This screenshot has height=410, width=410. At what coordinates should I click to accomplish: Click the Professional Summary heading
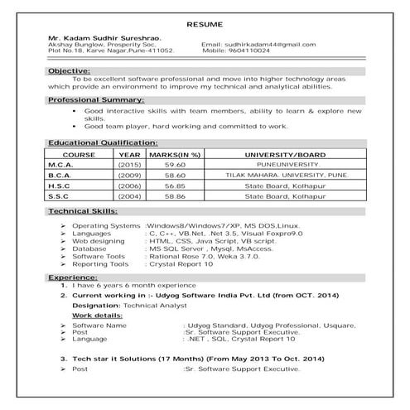click(95, 99)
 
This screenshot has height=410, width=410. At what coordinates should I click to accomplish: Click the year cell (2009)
click(129, 176)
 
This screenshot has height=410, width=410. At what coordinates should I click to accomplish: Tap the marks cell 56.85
click(175, 186)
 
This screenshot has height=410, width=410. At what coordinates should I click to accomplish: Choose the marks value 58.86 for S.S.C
click(175, 197)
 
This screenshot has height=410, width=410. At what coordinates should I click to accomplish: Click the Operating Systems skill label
click(106, 226)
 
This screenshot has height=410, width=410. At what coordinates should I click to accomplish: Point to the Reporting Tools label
click(100, 263)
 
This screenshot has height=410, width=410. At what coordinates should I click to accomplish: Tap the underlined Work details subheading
click(95, 316)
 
